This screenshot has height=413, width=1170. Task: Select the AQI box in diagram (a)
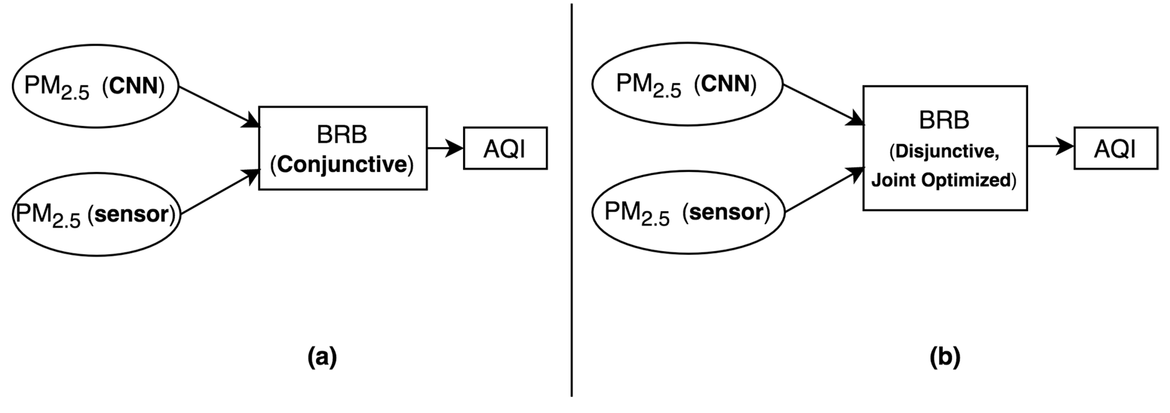[x=505, y=148]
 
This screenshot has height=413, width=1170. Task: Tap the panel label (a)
[x=322, y=357]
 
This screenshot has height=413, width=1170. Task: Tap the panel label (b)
[x=945, y=357]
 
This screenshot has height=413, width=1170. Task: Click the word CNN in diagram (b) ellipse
[x=725, y=84]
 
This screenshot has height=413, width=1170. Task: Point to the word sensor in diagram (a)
[x=132, y=214]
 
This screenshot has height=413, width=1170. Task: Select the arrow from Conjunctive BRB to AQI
[x=444, y=148]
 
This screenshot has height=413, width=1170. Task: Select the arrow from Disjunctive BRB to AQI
[x=1049, y=146]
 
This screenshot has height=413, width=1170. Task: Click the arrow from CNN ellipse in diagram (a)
[x=218, y=107]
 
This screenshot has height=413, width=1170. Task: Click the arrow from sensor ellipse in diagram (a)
[x=219, y=192]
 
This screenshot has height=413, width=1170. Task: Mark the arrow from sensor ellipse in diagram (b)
[x=823, y=190]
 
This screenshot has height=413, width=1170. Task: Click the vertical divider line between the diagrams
[x=571, y=200]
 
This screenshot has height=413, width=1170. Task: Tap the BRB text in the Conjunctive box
[x=342, y=134]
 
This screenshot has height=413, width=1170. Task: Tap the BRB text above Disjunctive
[x=944, y=121]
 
